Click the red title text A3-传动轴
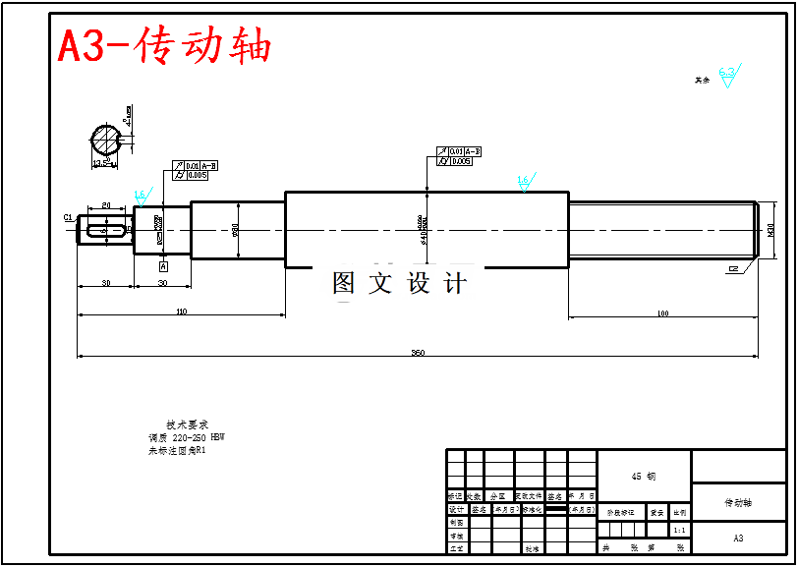(x=164, y=45)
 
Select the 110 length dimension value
(x=182, y=311)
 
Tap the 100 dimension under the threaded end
(x=662, y=312)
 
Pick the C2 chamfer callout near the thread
(x=733, y=268)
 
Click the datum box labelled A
(x=162, y=265)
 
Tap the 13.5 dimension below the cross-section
(x=102, y=162)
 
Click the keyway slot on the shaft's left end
(x=106, y=231)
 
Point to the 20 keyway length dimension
(x=106, y=204)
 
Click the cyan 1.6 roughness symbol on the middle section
(x=523, y=181)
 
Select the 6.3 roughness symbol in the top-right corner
(x=728, y=74)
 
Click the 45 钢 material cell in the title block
(x=644, y=476)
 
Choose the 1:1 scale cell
(x=679, y=530)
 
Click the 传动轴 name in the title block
(x=738, y=502)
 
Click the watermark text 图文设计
(x=399, y=283)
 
